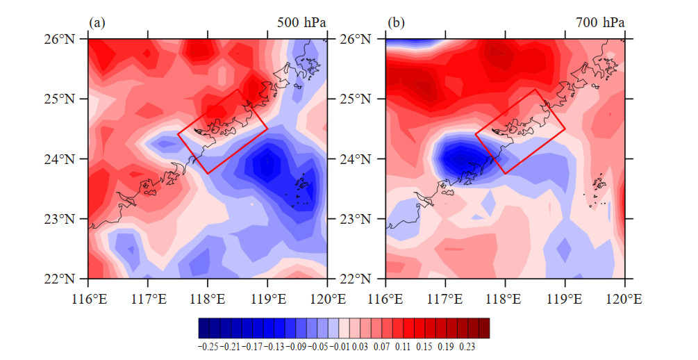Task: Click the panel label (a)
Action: (x=97, y=23)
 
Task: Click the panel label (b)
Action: (x=396, y=23)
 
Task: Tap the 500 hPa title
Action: (x=301, y=23)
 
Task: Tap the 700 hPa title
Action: (x=600, y=23)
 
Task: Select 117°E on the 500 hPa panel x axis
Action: (x=148, y=299)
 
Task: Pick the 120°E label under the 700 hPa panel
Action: (x=625, y=299)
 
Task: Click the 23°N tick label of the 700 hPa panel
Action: (x=356, y=219)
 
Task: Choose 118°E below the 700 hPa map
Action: (x=505, y=299)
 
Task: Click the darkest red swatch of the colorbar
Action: (x=484, y=328)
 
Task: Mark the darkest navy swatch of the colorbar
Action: (x=204, y=328)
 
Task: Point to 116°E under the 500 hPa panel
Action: (x=89, y=299)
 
